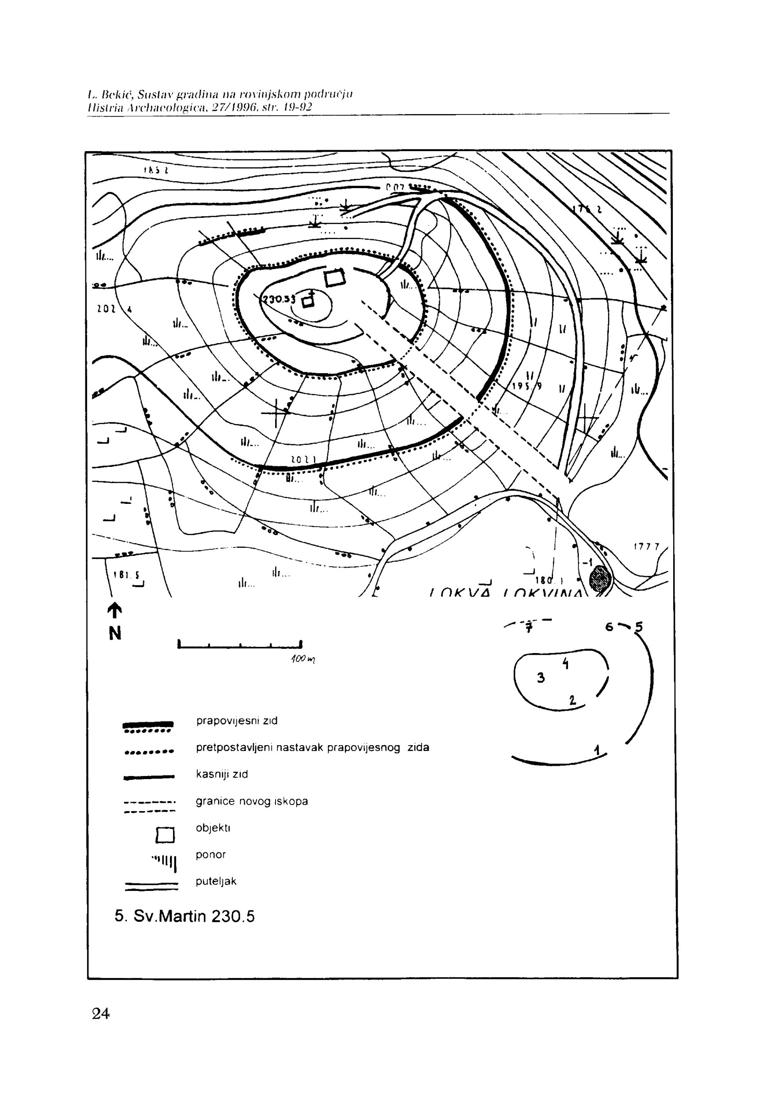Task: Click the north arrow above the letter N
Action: (x=115, y=610)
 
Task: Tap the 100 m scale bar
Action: (x=240, y=645)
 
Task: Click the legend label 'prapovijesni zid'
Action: (x=236, y=720)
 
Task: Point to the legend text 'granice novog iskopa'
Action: (x=251, y=801)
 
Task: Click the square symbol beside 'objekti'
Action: (x=166, y=835)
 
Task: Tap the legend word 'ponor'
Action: (x=210, y=854)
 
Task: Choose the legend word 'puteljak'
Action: (x=216, y=881)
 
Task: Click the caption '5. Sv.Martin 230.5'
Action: (x=184, y=916)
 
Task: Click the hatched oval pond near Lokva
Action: (x=601, y=580)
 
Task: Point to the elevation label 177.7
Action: (x=646, y=547)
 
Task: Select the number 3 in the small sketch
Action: (x=541, y=677)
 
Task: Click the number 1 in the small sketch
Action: (x=597, y=750)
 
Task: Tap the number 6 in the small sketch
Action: (x=609, y=627)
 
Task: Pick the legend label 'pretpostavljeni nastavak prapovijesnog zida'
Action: (x=312, y=747)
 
